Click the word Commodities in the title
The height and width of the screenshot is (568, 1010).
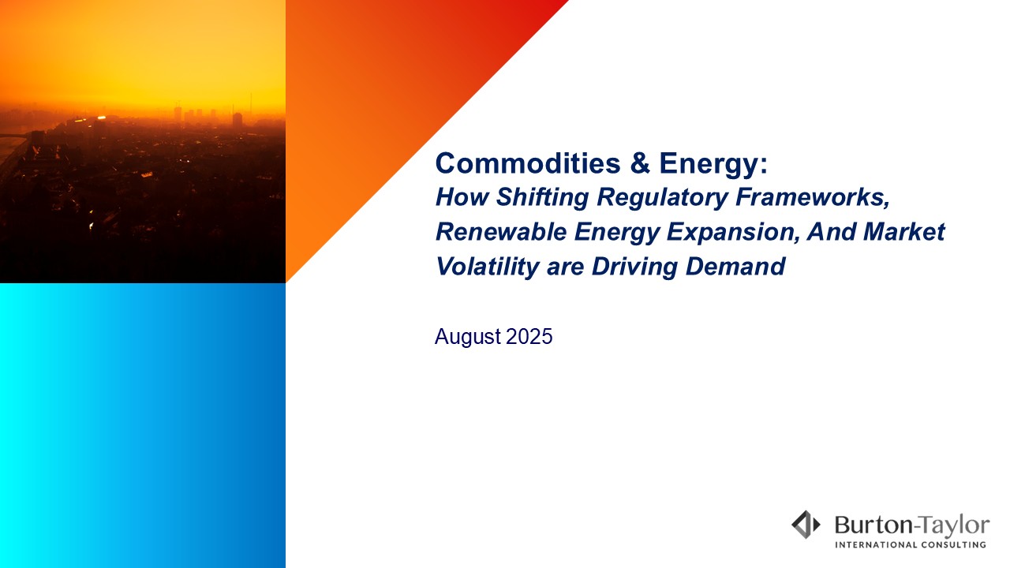(x=528, y=163)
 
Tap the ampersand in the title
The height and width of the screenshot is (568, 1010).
(x=640, y=163)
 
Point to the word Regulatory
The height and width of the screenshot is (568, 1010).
(x=662, y=197)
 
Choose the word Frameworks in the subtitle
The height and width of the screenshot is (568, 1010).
(x=813, y=196)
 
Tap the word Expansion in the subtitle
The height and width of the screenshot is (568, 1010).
(x=733, y=233)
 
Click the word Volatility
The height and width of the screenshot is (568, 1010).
(x=488, y=267)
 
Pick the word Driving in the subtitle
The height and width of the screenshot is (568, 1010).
(x=634, y=267)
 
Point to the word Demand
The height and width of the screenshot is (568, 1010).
(x=735, y=266)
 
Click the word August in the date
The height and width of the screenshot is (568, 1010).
(x=468, y=337)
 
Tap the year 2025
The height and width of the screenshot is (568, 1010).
(x=529, y=336)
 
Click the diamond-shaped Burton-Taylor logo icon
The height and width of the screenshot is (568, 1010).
(x=806, y=525)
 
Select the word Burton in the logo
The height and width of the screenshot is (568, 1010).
(x=873, y=525)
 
